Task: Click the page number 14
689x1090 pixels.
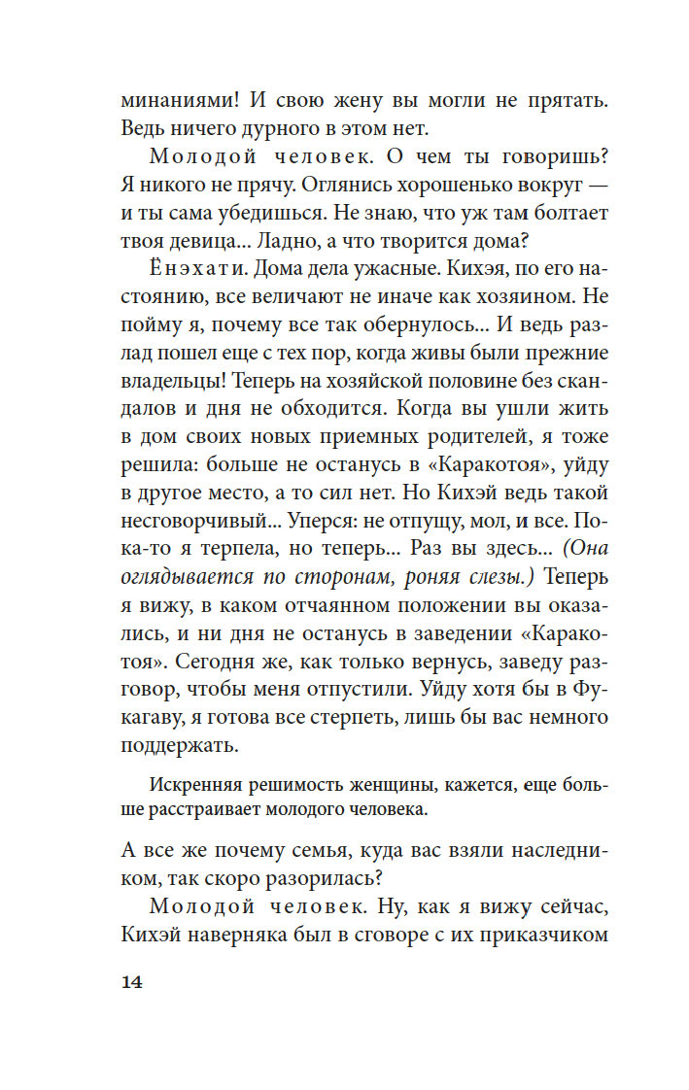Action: click(132, 982)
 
